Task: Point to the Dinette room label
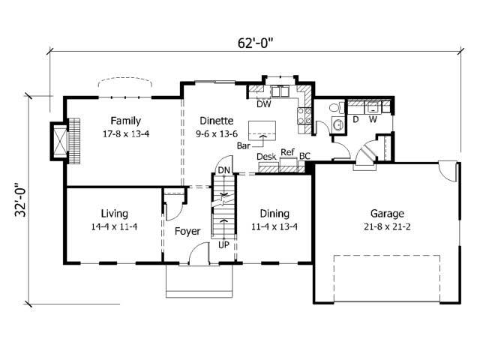pyautogui.click(x=216, y=120)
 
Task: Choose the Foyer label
pyautogui.click(x=187, y=231)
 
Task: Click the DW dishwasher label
pyautogui.click(x=263, y=104)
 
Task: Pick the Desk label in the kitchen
pyautogui.click(x=265, y=156)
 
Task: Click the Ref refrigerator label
pyautogui.click(x=287, y=152)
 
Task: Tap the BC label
pyautogui.click(x=304, y=156)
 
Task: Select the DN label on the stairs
pyautogui.click(x=223, y=170)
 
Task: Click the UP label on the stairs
pyautogui.click(x=223, y=244)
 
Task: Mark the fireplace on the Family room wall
pyautogui.click(x=60, y=139)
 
